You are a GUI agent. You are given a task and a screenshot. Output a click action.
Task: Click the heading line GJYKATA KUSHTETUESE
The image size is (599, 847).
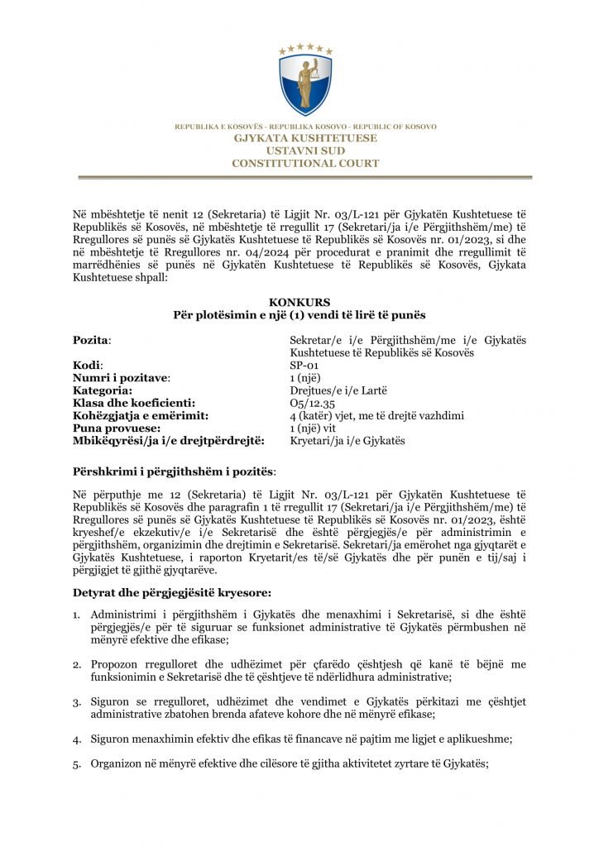click(x=305, y=138)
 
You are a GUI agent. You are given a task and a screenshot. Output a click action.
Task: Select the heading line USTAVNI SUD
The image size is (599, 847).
click(x=305, y=151)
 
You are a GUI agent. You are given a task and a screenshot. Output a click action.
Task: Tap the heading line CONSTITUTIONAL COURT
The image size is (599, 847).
click(x=305, y=164)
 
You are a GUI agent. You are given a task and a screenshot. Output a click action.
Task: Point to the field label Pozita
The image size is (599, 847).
click(x=91, y=340)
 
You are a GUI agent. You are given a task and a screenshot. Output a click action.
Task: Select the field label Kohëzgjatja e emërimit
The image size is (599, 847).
click(x=140, y=415)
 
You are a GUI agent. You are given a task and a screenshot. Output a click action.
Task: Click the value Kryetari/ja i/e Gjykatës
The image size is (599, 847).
click(x=347, y=441)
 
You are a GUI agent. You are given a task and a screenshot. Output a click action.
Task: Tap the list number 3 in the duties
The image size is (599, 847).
click(x=76, y=702)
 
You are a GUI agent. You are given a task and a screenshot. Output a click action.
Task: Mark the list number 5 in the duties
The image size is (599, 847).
click(x=76, y=764)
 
